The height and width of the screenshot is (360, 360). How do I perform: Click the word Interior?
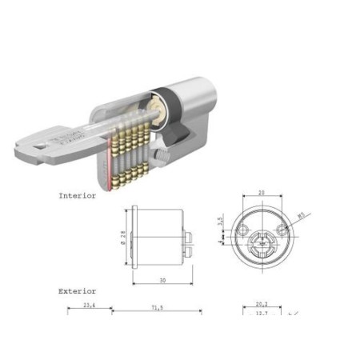(x=77, y=194)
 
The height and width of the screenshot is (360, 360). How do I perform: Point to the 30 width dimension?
(x=162, y=280)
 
